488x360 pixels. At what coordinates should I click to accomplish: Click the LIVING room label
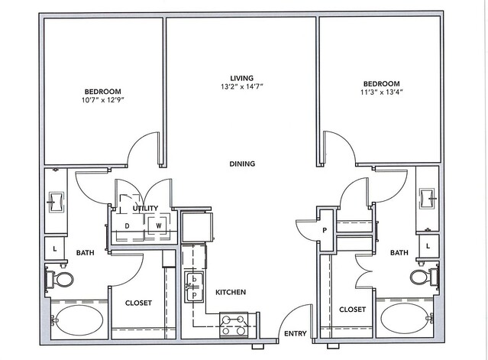click(242, 78)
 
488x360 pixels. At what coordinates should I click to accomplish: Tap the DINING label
click(242, 164)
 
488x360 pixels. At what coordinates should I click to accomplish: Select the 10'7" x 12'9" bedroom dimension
click(103, 100)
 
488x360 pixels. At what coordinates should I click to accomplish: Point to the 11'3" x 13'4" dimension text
click(382, 92)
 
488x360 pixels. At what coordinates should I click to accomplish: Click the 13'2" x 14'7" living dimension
click(242, 87)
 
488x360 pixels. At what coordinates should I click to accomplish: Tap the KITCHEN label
click(231, 292)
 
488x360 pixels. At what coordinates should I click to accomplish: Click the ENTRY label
click(296, 333)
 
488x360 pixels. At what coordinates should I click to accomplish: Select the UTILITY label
click(145, 208)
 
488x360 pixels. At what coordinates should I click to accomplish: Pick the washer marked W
click(159, 225)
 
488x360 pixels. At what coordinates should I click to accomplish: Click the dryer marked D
click(127, 226)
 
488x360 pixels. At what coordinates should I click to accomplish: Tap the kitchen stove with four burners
click(234, 325)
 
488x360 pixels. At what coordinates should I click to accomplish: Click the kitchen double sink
click(194, 287)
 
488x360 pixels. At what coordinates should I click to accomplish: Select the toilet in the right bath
click(424, 277)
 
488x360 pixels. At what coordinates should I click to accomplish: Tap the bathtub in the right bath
click(405, 318)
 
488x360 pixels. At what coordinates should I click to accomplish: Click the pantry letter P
click(325, 231)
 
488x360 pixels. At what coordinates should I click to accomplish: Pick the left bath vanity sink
click(56, 203)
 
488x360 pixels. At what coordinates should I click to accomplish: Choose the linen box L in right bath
click(428, 246)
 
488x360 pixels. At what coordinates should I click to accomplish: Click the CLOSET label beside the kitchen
click(138, 303)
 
